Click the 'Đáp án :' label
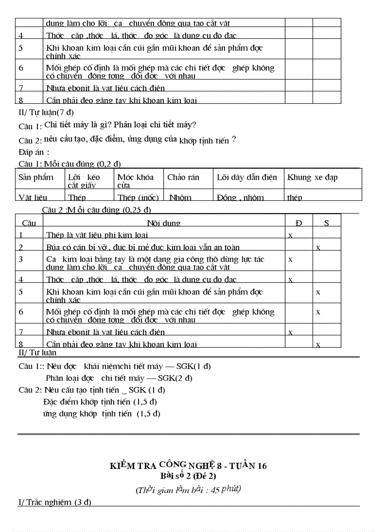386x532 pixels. (34, 152)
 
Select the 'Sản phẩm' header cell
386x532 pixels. (36, 178)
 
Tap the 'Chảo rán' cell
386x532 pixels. (183, 178)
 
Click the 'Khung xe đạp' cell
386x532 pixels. (312, 178)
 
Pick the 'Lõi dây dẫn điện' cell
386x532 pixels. (246, 178)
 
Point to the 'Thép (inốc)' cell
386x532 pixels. (138, 198)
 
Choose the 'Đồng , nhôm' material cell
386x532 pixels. (240, 198)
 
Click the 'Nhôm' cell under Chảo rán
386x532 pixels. (180, 198)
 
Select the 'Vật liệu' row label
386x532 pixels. (33, 198)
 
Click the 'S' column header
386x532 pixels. (326, 223)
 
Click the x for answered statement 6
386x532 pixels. (318, 312)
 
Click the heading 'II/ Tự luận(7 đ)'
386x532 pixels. (46, 112)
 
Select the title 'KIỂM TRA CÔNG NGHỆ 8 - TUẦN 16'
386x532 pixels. (188, 466)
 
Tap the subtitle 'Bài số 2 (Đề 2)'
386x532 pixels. (188, 476)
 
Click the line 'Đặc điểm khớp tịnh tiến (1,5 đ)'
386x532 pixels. (100, 402)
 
